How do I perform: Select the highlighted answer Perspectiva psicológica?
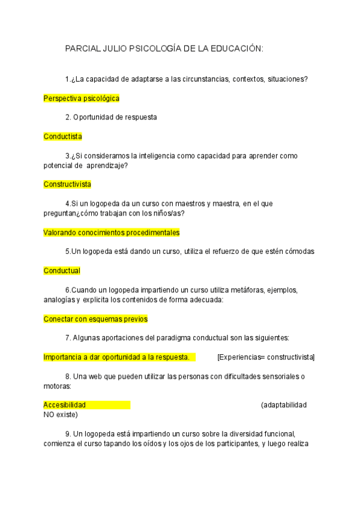pos(82,98)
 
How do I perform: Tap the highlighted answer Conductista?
pos(63,136)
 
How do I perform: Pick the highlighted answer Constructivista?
pos(67,184)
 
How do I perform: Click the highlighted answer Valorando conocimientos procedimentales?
pos(112,232)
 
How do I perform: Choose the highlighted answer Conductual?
pos(62,271)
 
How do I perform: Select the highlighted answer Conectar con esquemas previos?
pos(95,319)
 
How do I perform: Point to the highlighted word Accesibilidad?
pos(65,405)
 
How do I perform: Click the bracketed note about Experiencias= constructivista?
pos(266,357)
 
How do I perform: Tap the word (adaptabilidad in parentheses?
pos(284,405)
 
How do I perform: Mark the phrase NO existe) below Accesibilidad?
pos(61,414)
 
